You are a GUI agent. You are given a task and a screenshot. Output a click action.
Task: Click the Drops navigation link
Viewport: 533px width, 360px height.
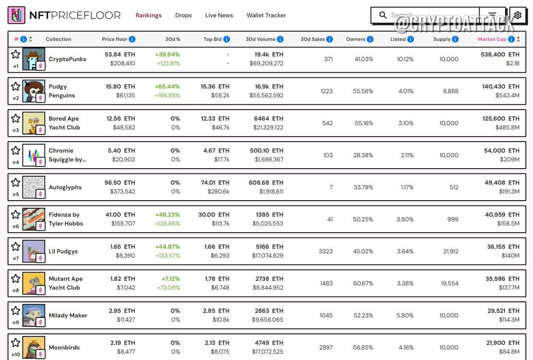183,15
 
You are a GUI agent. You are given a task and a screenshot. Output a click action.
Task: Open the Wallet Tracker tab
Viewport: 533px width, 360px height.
266,15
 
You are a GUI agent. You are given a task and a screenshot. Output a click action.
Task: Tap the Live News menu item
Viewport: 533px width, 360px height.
219,15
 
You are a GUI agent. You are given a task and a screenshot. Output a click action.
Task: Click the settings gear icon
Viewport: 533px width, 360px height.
517,16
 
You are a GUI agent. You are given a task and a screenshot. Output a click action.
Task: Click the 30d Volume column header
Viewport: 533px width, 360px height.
260,39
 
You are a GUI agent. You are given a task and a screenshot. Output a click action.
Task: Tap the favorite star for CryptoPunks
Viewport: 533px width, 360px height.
16,54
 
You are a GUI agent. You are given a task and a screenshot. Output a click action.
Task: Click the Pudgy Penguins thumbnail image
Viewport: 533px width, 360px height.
33,91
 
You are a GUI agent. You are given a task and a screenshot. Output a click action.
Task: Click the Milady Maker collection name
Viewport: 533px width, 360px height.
68,315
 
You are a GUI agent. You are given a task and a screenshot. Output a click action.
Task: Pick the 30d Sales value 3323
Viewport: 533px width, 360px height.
326,251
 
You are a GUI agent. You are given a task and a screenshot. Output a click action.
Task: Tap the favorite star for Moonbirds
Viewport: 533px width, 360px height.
16,342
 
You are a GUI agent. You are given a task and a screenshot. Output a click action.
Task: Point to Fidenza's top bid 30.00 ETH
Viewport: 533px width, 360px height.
214,214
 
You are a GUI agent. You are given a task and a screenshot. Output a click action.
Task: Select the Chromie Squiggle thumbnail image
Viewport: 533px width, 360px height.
33,155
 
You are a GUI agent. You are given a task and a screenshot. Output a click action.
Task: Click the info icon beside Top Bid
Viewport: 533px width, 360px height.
227,39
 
